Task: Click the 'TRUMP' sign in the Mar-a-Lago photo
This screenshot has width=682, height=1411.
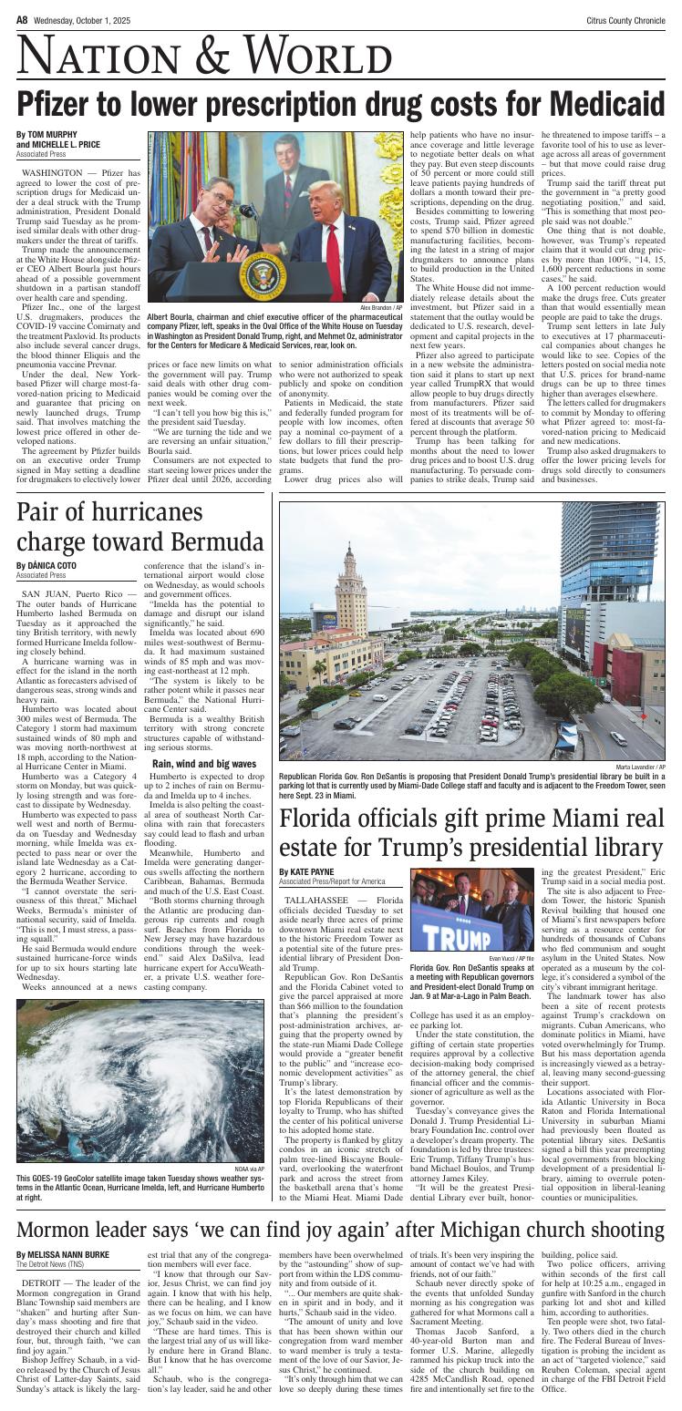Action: (x=459, y=936)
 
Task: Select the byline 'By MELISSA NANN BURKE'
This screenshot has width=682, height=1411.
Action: (x=62, y=1254)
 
